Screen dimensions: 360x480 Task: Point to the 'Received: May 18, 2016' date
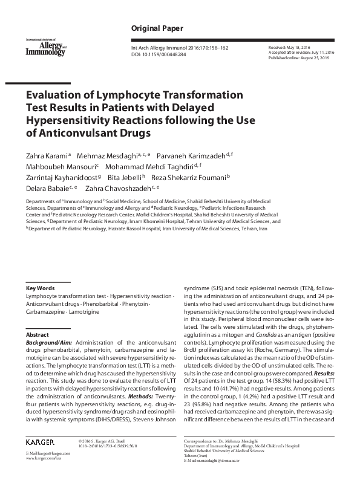coord(289,47)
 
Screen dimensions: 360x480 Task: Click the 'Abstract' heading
coord(37,334)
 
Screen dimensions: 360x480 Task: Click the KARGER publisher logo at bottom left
coord(42,441)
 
